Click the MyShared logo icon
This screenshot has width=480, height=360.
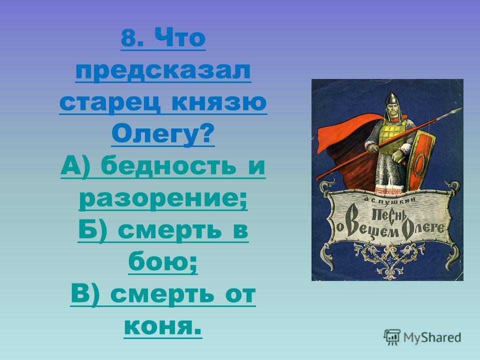point(392,337)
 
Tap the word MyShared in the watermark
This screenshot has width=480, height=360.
point(432,337)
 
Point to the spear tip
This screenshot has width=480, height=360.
point(457,110)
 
